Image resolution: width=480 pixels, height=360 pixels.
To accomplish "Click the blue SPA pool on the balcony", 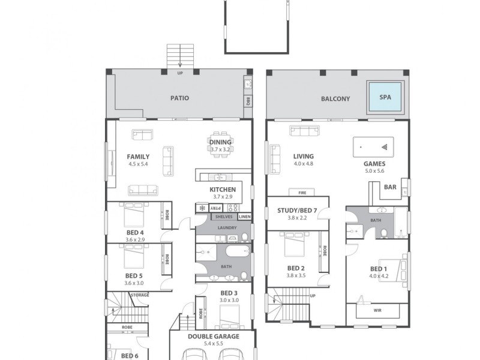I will pyautogui.click(x=385, y=97).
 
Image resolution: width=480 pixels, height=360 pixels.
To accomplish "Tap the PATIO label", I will pyautogui.click(x=179, y=98).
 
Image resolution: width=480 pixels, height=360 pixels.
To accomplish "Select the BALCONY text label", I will pyautogui.click(x=335, y=99).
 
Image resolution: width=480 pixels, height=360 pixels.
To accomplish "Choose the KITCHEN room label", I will pyautogui.click(x=223, y=190).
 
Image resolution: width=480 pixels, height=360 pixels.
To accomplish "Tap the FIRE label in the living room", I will pyautogui.click(x=302, y=193).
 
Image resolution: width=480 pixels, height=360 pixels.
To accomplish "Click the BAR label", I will pyautogui.click(x=390, y=187).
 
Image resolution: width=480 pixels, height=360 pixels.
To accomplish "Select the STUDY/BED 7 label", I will pyautogui.click(x=297, y=211).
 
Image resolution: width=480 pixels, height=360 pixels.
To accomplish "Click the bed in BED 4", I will pyautogui.click(x=136, y=214).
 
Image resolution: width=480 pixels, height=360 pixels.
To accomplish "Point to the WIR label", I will pyautogui.click(x=377, y=311).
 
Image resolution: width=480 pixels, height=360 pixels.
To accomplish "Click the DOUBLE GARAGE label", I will pyautogui.click(x=213, y=337).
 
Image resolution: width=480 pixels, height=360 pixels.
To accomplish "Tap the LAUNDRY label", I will pyautogui.click(x=227, y=228).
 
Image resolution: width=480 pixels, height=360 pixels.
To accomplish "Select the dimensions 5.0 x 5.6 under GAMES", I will pyautogui.click(x=374, y=171).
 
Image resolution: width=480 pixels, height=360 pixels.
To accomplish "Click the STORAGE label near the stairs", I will pyautogui.click(x=140, y=295).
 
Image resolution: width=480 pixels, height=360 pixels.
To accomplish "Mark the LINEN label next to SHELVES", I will pyautogui.click(x=244, y=217).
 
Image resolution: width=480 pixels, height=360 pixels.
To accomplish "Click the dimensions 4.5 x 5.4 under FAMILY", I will pyautogui.click(x=139, y=164).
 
